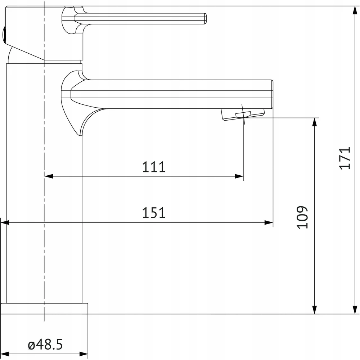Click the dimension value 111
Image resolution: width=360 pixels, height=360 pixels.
(154, 167)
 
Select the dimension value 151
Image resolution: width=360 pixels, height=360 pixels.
(154, 213)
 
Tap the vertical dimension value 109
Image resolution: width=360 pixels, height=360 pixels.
(302, 217)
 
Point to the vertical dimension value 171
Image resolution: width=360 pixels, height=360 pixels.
(345, 158)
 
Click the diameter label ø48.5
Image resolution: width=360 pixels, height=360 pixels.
(45, 345)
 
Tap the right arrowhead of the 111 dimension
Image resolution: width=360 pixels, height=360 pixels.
(239, 176)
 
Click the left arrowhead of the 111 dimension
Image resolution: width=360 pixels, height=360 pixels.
(49, 176)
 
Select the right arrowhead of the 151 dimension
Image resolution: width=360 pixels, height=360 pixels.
(269, 222)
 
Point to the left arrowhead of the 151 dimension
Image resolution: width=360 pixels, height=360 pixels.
(5, 222)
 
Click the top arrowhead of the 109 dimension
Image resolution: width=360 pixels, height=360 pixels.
(315, 122)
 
